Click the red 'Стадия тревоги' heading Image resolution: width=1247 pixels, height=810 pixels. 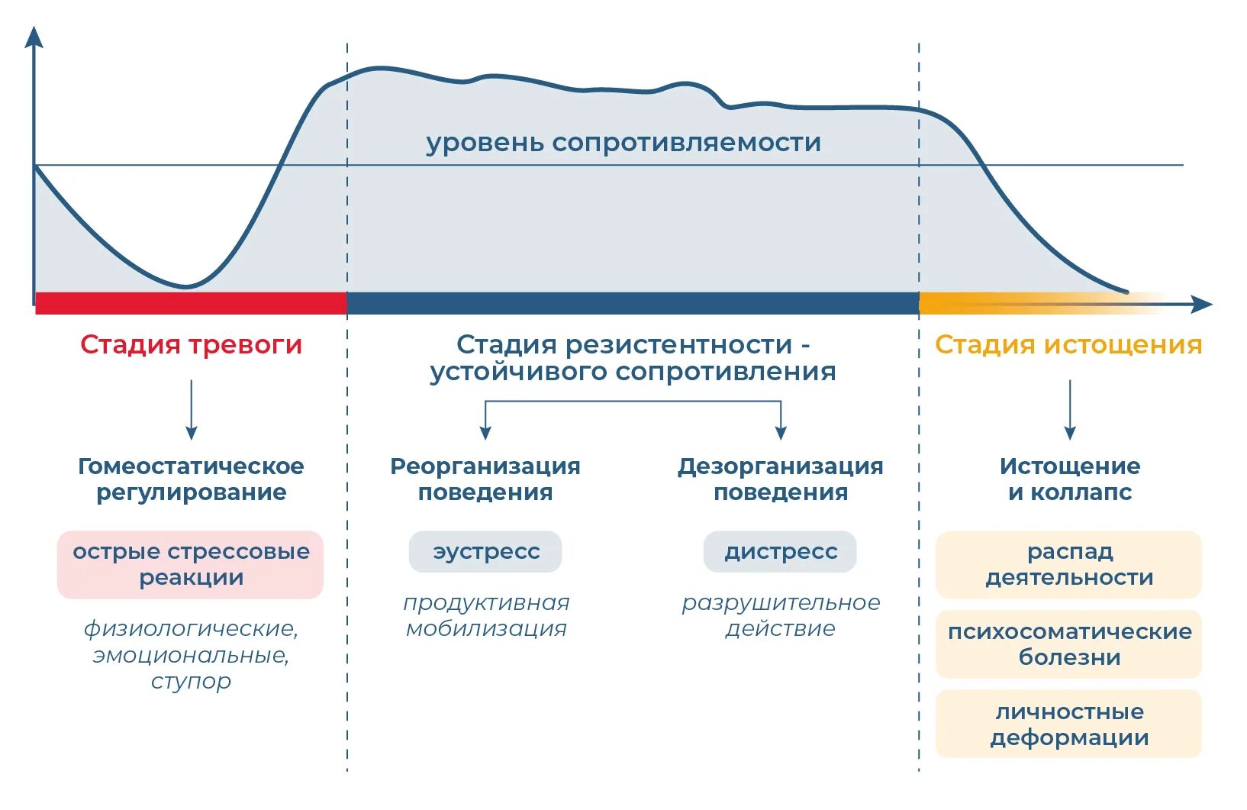(x=191, y=345)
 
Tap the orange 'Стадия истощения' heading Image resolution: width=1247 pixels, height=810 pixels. (x=1068, y=345)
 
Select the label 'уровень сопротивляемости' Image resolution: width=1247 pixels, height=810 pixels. (x=623, y=143)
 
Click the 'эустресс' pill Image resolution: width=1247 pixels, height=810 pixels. (x=485, y=552)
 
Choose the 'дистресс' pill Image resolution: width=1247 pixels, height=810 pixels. (x=780, y=552)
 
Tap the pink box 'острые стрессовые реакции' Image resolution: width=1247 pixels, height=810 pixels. (x=191, y=565)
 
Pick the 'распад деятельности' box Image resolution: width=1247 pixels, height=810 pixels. (x=1068, y=565)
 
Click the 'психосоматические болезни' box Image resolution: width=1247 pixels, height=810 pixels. (x=1068, y=644)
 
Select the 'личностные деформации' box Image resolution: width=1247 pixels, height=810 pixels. (x=1068, y=724)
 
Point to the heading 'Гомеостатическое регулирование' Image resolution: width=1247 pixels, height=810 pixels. (x=191, y=479)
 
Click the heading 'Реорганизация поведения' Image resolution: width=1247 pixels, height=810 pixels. (x=485, y=479)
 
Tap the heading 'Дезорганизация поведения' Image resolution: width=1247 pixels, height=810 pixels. (x=780, y=479)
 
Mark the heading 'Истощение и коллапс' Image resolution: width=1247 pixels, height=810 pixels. (x=1069, y=479)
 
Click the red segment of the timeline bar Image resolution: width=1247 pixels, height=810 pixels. (x=191, y=303)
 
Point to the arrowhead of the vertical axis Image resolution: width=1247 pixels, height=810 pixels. (x=34, y=37)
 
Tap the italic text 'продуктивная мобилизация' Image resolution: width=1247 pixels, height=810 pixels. (x=486, y=616)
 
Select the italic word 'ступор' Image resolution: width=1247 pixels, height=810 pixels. (x=191, y=681)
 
